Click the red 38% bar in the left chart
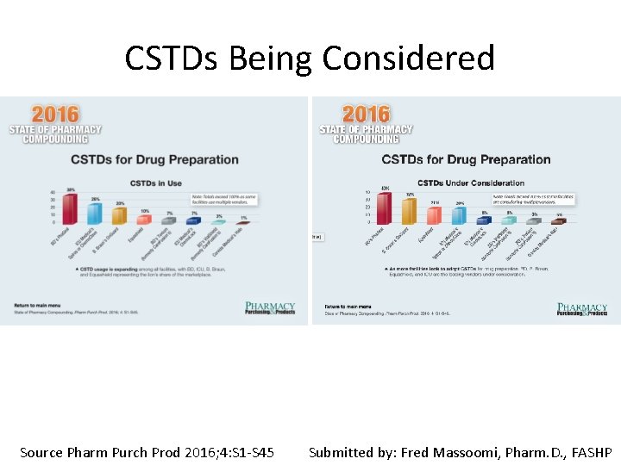(x=70, y=210)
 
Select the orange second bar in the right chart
(x=410, y=212)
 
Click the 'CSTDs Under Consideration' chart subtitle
(x=470, y=183)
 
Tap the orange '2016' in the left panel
(x=54, y=114)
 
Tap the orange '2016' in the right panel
(x=366, y=114)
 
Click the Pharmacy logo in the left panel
(x=270, y=308)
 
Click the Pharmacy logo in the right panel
(x=582, y=309)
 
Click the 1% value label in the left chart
(x=243, y=217)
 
